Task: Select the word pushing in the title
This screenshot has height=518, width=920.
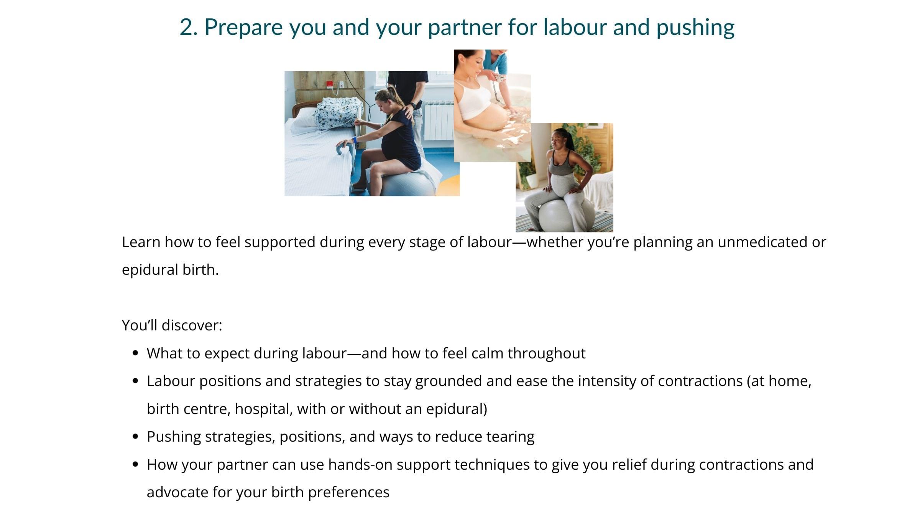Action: click(695, 28)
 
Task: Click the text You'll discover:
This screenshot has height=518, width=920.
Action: click(172, 325)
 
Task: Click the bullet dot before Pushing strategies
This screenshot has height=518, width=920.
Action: click(135, 437)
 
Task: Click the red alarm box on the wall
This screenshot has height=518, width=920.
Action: click(329, 84)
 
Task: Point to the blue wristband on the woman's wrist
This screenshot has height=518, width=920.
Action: click(355, 140)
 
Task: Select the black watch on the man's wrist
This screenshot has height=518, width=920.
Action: click(412, 104)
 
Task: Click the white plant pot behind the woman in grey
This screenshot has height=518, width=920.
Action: click(532, 181)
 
